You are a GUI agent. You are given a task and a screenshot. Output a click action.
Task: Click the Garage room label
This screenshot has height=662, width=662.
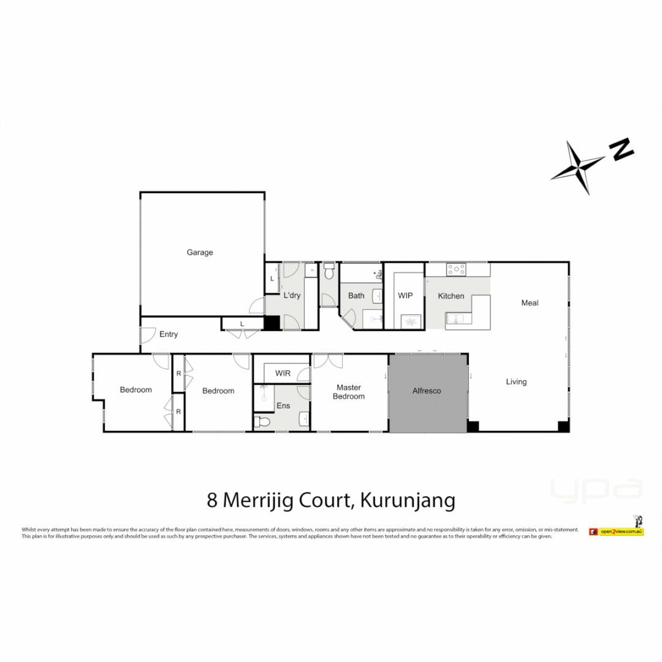tap(200, 252)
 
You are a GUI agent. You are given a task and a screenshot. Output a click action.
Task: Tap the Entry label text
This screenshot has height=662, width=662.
tap(169, 335)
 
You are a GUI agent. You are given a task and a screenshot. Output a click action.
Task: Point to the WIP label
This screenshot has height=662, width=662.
tap(405, 296)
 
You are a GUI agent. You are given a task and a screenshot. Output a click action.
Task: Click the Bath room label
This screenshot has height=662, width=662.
tap(356, 296)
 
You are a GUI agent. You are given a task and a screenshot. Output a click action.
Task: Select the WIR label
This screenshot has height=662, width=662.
tap(283, 373)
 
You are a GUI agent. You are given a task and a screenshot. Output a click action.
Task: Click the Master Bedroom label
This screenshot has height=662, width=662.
tap(348, 392)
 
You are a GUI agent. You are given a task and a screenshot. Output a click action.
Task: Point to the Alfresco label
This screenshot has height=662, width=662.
tap(427, 390)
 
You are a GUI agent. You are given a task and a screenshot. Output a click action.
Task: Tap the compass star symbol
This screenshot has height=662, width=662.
tap(577, 167)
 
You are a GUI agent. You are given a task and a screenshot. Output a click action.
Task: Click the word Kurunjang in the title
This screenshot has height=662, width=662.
tap(408, 501)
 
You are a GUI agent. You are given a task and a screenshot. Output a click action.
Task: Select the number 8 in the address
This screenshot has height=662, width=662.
tap(213, 501)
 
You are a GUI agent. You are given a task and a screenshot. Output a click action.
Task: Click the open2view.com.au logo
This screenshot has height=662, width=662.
tap(615, 531)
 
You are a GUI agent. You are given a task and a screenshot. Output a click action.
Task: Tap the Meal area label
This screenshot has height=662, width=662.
tap(530, 303)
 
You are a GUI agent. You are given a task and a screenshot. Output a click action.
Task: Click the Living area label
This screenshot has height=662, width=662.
tap(516, 382)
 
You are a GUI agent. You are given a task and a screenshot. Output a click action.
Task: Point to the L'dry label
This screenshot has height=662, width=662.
tap(292, 295)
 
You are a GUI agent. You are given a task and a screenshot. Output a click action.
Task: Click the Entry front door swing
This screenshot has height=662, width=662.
tap(147, 335)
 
